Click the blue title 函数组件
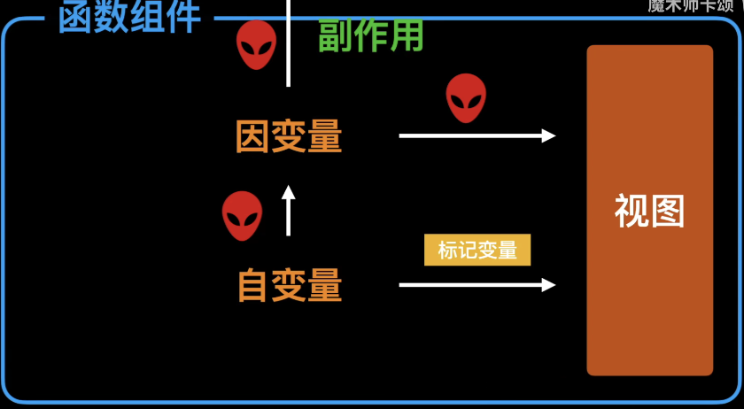129,17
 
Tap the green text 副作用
370,37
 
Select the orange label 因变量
289,137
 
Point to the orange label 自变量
290,286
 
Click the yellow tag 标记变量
477,251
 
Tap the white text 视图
649,212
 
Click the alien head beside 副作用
256,45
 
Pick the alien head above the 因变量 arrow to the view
466,97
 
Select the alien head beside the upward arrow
242,215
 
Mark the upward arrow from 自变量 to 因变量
288,211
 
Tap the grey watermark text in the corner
690,6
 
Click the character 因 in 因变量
252,137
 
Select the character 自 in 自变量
253,286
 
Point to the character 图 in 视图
667,212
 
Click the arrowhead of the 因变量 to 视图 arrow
549,135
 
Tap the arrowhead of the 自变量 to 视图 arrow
549,285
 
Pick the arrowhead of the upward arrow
288,191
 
